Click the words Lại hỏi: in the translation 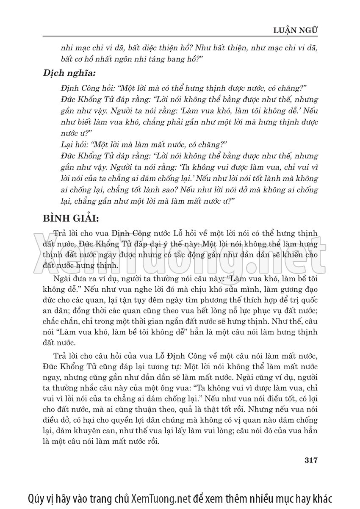pos(75,144)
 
